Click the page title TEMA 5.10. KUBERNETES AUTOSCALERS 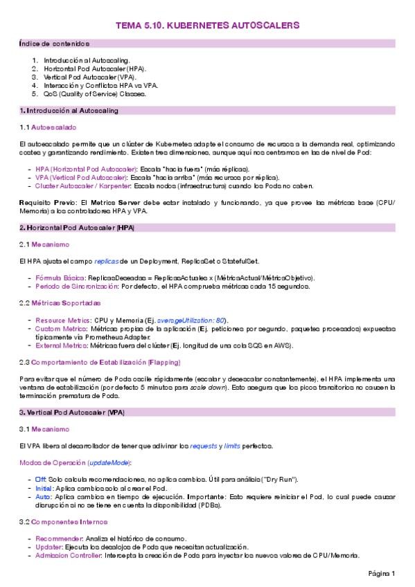point(207,25)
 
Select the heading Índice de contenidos point(45,44)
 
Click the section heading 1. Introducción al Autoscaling point(69,111)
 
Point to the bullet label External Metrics point(60,345)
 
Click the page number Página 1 point(381,573)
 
